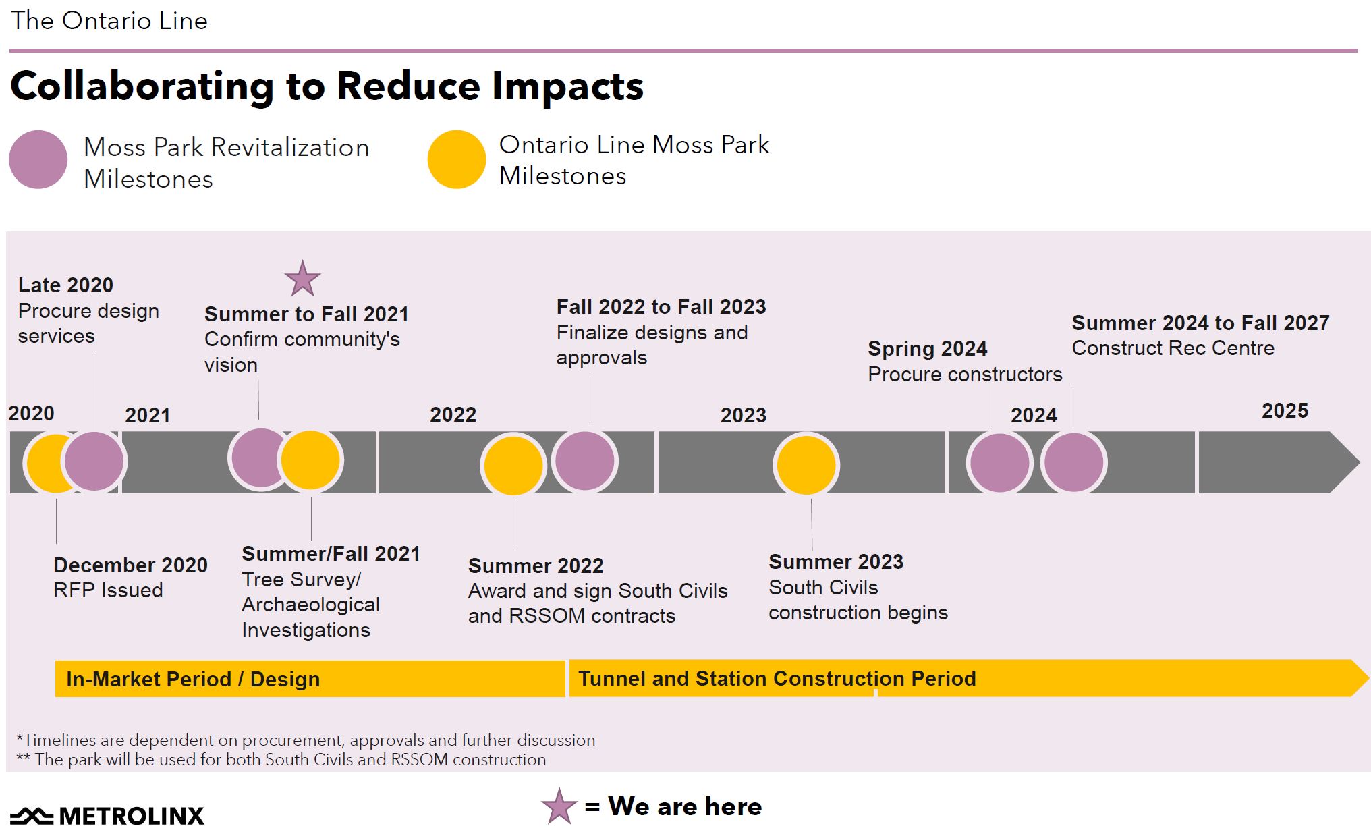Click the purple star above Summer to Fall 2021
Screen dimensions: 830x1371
tap(302, 279)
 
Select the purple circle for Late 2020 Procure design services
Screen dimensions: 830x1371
tap(94, 461)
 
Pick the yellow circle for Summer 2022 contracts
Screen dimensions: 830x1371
tap(513, 466)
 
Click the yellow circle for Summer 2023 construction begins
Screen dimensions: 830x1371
tap(806, 465)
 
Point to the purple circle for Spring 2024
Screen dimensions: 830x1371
tap(999, 463)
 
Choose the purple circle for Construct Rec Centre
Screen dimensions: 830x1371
tap(1073, 463)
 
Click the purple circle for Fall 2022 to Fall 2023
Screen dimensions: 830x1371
tap(584, 461)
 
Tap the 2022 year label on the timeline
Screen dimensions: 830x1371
tap(453, 414)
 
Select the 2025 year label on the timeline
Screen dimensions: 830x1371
tap(1285, 410)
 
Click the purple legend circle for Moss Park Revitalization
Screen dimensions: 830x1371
tap(38, 159)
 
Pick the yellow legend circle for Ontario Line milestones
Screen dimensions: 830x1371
tap(457, 159)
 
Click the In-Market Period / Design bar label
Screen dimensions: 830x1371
tap(193, 679)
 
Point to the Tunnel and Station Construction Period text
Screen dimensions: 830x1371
tap(777, 678)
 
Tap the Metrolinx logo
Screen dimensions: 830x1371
tap(107, 815)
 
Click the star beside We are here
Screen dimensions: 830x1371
tap(559, 806)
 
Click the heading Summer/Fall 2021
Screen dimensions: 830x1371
tap(331, 554)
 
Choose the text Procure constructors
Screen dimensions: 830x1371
tap(965, 375)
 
